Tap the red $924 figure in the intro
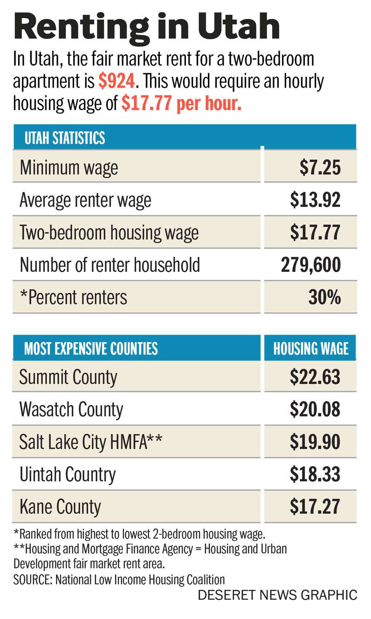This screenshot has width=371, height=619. (117, 82)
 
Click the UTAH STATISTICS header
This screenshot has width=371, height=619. (64, 138)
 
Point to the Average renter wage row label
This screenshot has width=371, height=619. (85, 200)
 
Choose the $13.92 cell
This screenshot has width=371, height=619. (315, 200)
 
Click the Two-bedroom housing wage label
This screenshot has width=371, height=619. (109, 233)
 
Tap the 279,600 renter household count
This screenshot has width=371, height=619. (310, 265)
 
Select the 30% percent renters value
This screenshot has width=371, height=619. (324, 297)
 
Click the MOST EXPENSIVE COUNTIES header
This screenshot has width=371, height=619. (91, 348)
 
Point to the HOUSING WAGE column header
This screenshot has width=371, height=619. (310, 348)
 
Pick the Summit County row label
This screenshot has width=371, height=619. (68, 377)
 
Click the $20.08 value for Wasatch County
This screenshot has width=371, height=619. (315, 409)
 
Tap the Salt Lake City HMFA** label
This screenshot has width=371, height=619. (91, 442)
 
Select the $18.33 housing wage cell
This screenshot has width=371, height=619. (315, 474)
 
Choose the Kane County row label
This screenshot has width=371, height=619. (60, 506)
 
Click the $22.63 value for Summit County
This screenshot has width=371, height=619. (315, 377)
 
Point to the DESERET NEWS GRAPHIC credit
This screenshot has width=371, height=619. (277, 595)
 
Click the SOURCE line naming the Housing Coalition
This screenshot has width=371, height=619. (119, 579)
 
